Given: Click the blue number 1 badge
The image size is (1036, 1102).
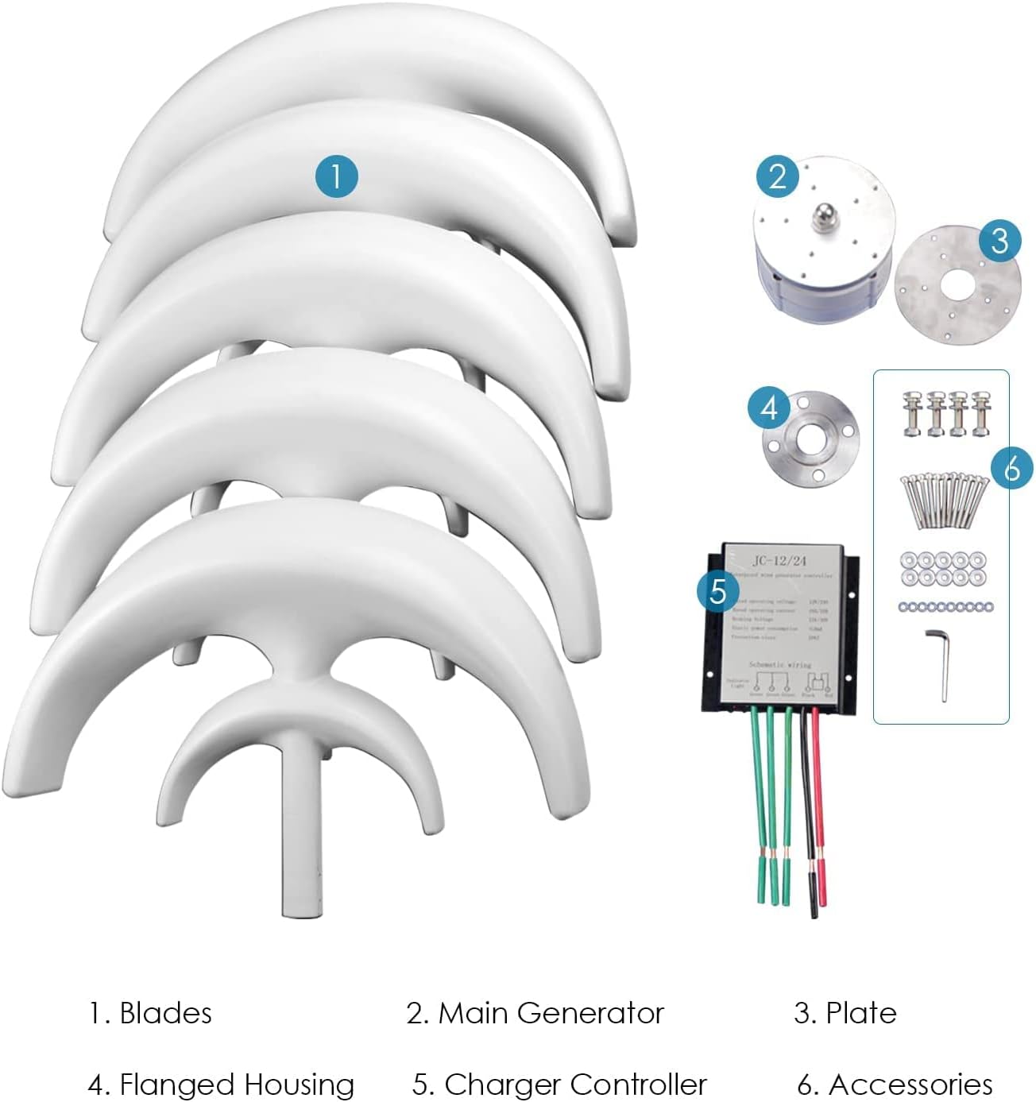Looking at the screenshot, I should coord(336,176).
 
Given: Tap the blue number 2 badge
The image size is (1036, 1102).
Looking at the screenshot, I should coord(778,176).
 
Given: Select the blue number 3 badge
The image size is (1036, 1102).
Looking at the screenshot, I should coord(999,240).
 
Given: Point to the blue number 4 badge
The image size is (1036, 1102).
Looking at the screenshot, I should coord(769,408).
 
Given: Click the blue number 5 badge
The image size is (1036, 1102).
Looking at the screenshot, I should coord(718,591).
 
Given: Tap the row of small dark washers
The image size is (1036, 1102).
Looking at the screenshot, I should coord(945,607).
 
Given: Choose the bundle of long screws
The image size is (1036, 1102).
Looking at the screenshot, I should coord(943,500).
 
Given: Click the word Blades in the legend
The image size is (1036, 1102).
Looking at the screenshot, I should coord(165,1014).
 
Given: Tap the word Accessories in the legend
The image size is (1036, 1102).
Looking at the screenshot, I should coord(910,1085).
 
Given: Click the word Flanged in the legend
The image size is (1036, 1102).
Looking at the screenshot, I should coord(176,1085).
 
